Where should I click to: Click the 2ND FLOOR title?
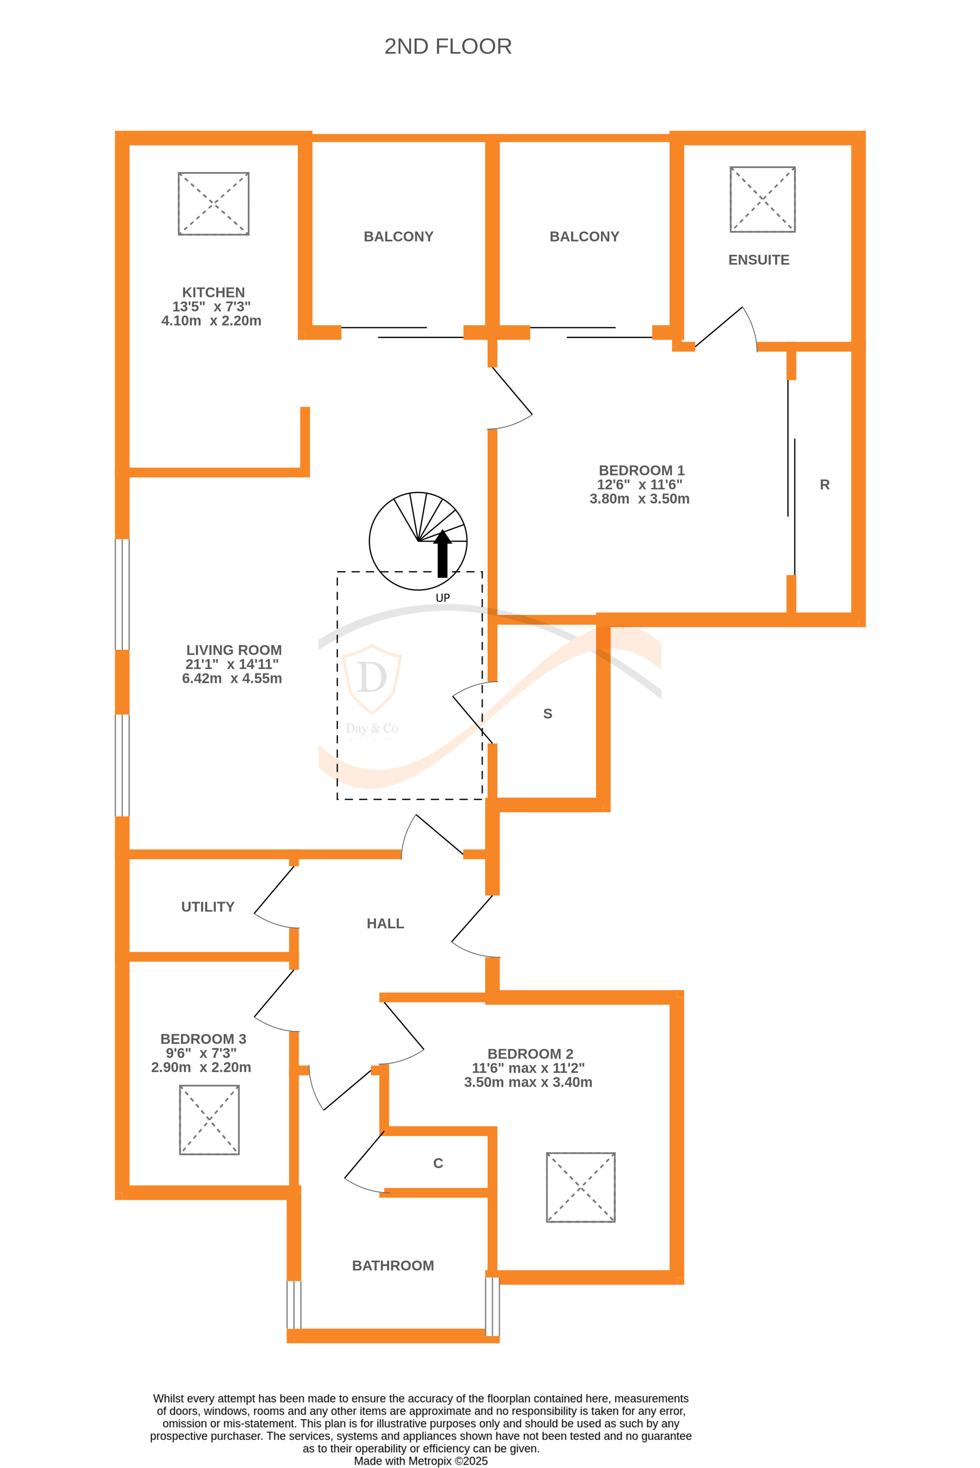[x=448, y=47]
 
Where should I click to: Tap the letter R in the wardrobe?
[x=824, y=485]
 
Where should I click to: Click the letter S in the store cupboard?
[x=548, y=714]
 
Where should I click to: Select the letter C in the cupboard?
[x=438, y=1163]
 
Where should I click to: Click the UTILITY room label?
[x=207, y=907]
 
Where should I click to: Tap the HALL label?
[x=385, y=924]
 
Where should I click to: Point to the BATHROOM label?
[x=392, y=1265]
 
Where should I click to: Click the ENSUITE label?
[x=758, y=260]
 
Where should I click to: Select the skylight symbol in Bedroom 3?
[x=209, y=1120]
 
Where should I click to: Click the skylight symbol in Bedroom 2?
[x=580, y=1187]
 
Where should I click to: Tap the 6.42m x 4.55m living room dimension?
[x=232, y=679]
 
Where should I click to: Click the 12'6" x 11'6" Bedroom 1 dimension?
[x=639, y=484]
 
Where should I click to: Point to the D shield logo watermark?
[x=372, y=678]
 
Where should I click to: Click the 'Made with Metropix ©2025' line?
[x=421, y=1461]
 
